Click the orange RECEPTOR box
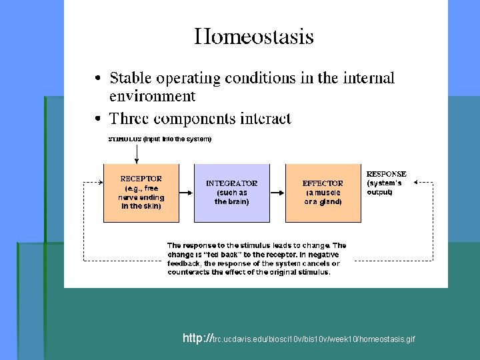pos(141,193)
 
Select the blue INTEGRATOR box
pos(231,193)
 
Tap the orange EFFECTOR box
pos(323,193)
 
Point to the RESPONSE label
pos(386,174)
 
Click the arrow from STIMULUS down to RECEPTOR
pos(137,154)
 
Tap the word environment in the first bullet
pos(152,96)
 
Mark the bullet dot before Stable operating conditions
pos(98,79)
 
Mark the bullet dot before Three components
pos(98,120)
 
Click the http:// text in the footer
pos(196,339)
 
